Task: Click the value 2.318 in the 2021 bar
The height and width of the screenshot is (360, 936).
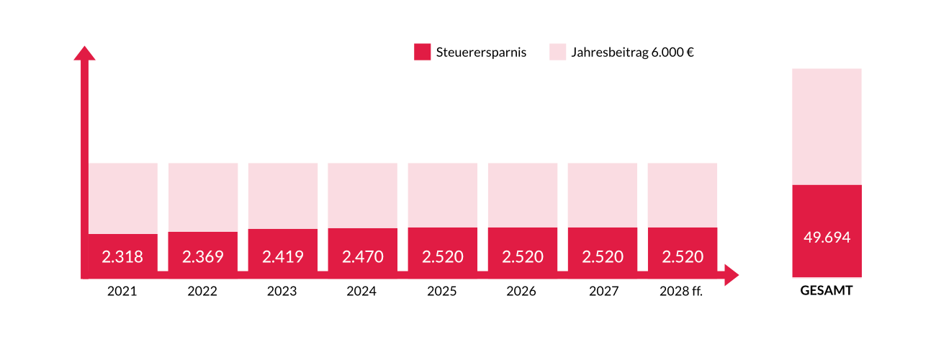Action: click(x=122, y=256)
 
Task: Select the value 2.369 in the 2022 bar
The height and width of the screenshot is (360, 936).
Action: click(x=202, y=256)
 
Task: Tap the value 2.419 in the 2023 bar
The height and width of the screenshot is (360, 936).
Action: click(x=282, y=256)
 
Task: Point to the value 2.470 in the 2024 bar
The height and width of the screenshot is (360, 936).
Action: click(x=362, y=256)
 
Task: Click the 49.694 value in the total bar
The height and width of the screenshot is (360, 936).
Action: click(x=827, y=238)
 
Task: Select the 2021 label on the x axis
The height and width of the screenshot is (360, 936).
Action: click(x=122, y=292)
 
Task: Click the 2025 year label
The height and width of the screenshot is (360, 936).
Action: click(x=441, y=292)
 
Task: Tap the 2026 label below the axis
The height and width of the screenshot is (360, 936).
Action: click(x=521, y=292)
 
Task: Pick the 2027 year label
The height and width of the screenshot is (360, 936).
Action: click(x=601, y=292)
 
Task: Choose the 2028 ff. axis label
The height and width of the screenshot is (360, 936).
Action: click(x=681, y=292)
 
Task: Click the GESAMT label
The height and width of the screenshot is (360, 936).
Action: click(x=827, y=292)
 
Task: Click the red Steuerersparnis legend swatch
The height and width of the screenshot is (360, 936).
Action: click(x=423, y=52)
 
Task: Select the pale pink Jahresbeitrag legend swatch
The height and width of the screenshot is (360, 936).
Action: click(x=557, y=52)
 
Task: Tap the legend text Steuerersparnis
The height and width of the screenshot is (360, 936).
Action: click(x=481, y=53)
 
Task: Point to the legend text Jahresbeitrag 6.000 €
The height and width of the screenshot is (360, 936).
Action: click(x=632, y=53)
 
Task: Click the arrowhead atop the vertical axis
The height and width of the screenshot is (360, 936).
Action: click(x=85, y=53)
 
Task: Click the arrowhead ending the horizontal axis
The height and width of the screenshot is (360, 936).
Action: click(x=732, y=275)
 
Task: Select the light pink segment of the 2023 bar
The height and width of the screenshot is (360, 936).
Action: click(x=282, y=195)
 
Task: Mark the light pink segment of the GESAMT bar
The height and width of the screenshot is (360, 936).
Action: click(x=827, y=126)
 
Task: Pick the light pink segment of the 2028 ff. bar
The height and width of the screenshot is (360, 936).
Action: click(x=682, y=194)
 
